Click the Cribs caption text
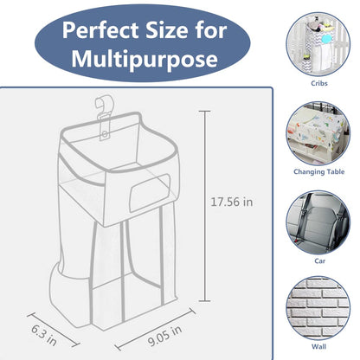319,85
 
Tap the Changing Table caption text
319,171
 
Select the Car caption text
319,258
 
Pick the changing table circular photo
319,128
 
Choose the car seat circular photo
319,215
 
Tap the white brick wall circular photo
319,301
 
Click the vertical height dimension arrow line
206,202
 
